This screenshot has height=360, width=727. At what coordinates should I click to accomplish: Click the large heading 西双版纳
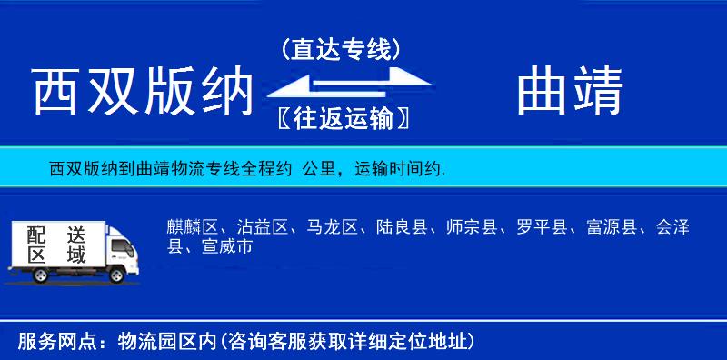141,93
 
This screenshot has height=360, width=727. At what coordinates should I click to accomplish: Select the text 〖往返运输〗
341,118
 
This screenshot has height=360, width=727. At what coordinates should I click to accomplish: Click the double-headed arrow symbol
342,84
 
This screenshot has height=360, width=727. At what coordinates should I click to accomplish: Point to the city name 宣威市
228,246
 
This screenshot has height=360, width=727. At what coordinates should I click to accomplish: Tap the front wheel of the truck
115,275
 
